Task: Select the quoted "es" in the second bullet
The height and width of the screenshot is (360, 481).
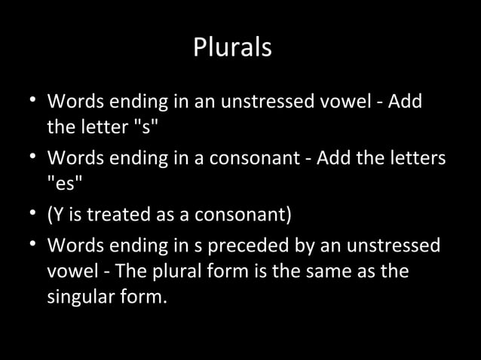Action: tap(63, 187)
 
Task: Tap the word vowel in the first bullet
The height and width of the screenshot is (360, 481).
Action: tap(340, 101)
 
